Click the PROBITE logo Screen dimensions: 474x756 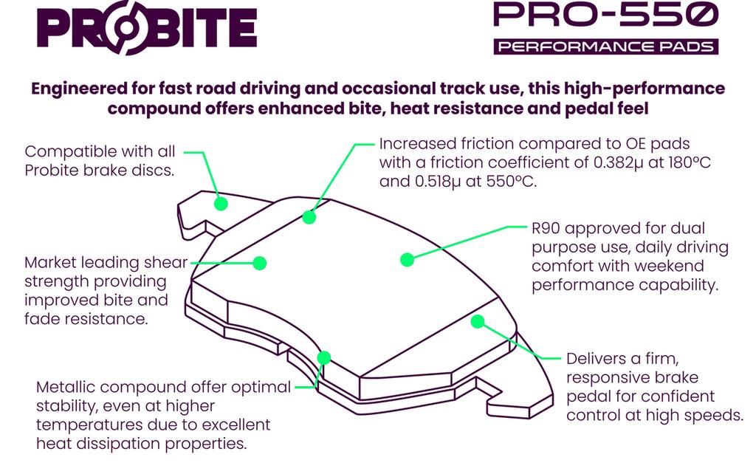click(x=146, y=30)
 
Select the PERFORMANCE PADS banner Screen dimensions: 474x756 click(x=605, y=47)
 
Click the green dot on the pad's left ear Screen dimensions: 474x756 click(x=219, y=203)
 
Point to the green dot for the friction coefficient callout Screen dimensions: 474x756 click(x=309, y=217)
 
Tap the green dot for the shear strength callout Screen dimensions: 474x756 click(x=259, y=263)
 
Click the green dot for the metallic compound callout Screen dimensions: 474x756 click(x=323, y=358)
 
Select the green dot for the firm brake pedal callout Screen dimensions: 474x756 click(x=478, y=321)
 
